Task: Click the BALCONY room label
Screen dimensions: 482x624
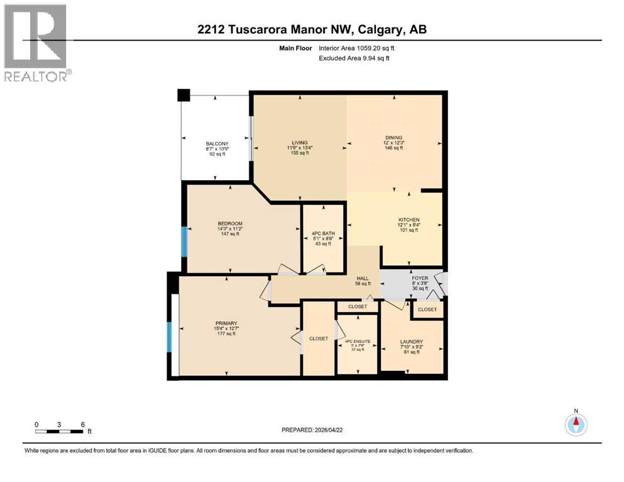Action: (x=217, y=144)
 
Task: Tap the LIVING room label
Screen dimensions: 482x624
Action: (x=298, y=142)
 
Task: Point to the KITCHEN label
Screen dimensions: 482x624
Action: (x=408, y=220)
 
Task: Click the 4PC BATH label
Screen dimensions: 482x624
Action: (x=324, y=234)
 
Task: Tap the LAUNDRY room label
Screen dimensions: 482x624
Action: (x=411, y=342)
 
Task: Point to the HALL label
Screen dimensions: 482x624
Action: (x=363, y=278)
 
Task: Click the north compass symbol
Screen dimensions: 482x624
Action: (x=576, y=425)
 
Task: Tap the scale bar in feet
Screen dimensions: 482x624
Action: (x=60, y=431)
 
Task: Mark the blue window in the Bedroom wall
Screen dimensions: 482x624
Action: (x=184, y=242)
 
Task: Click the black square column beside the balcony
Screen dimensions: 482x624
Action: (x=183, y=95)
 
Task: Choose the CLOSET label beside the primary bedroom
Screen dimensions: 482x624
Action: (x=319, y=338)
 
